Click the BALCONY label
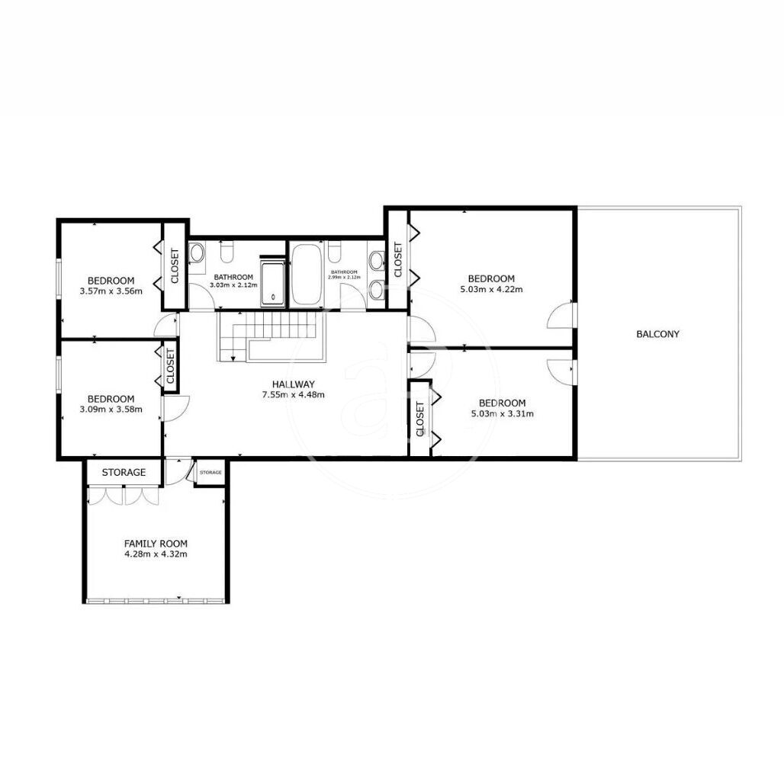click(657, 334)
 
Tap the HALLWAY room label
click(294, 384)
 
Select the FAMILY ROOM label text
click(156, 544)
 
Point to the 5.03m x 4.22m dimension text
click(491, 289)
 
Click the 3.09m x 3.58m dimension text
click(111, 409)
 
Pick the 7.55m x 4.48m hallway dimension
click(294, 394)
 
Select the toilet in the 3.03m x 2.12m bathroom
click(227, 252)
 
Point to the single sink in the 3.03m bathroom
click(197, 252)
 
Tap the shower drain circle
click(273, 297)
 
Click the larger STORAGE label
click(124, 473)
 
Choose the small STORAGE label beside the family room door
click(210, 473)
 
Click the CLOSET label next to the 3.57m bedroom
click(175, 266)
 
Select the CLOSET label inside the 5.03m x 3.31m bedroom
click(420, 419)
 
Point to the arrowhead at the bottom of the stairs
click(233, 358)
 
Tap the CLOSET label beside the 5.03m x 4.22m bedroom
click(398, 259)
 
